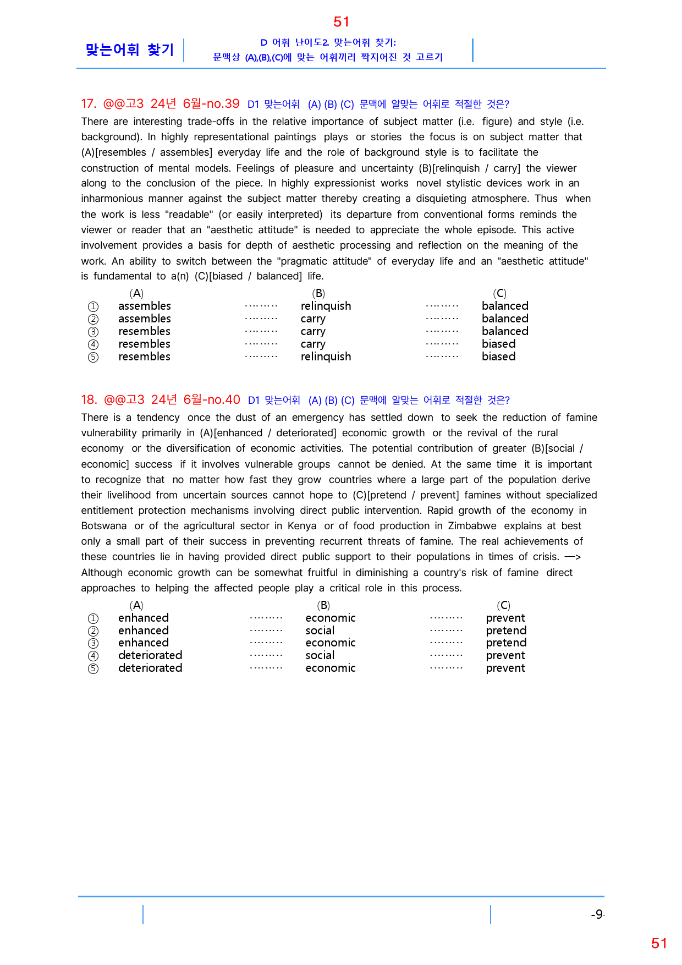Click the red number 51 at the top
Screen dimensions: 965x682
pos(341,22)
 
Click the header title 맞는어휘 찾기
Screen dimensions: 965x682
pos(130,50)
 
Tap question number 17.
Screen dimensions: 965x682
pos(89,104)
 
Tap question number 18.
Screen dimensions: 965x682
pos(89,400)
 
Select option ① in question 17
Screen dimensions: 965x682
pos(94,306)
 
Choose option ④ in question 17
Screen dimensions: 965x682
pos(94,344)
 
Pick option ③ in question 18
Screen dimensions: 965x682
pos(94,643)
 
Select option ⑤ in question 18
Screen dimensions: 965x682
pos(94,668)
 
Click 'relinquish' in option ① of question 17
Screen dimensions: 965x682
pos(326,306)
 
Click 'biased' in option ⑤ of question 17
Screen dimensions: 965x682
pos(498,357)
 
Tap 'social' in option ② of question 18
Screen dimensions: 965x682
pos(320,630)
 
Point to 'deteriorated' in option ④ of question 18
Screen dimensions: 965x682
pos(150,655)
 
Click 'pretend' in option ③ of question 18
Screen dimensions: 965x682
pos(506,643)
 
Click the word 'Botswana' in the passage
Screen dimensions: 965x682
pos(104,526)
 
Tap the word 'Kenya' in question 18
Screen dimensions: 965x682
pos(302,526)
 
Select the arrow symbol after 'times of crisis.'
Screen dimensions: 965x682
pos(573,557)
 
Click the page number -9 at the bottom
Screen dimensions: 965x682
pos(597,914)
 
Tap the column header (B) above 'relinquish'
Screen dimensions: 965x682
pos(318,293)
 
